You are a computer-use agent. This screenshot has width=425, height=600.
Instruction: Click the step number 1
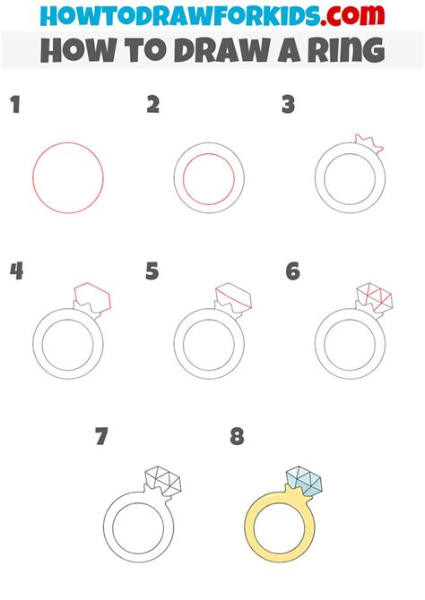(14, 107)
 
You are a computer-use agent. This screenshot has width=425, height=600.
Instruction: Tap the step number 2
(153, 106)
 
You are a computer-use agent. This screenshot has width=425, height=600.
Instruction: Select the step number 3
(288, 106)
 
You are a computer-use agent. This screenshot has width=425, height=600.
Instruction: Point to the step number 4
(15, 271)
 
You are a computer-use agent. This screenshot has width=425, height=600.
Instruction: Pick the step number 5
(152, 271)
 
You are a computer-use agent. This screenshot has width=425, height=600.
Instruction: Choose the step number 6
(292, 271)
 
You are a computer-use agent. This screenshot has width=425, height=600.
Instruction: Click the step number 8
(237, 438)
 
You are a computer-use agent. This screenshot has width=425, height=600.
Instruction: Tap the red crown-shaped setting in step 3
(365, 141)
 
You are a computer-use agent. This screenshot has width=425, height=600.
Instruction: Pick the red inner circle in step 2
(209, 179)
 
